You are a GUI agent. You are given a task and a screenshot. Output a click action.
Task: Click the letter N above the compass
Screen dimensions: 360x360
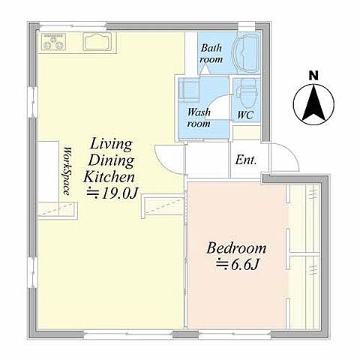pyautogui.click(x=313, y=76)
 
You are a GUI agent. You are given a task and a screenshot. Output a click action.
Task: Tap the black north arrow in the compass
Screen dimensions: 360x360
pyautogui.click(x=313, y=104)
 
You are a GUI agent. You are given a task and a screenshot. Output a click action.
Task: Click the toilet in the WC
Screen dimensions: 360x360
pyautogui.click(x=246, y=91)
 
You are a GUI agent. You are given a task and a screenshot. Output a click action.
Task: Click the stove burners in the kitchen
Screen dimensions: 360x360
pyautogui.click(x=54, y=41)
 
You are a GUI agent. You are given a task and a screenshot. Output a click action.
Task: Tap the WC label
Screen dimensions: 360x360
pyautogui.click(x=245, y=115)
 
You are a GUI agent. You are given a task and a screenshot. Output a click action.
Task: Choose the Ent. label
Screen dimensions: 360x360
pyautogui.click(x=246, y=160)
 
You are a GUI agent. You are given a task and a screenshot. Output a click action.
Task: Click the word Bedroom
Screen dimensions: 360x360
pyautogui.click(x=236, y=248)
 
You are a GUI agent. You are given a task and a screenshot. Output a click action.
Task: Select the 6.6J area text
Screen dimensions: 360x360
pyautogui.click(x=236, y=265)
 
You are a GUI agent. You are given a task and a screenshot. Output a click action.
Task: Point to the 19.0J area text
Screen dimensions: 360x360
pyautogui.click(x=112, y=193)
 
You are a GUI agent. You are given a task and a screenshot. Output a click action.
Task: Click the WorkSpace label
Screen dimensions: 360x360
pyautogui.click(x=67, y=171)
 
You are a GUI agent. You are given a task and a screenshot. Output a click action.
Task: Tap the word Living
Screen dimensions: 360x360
pyautogui.click(x=111, y=144)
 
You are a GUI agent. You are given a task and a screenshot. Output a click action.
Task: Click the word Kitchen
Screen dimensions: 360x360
pyautogui.click(x=109, y=177)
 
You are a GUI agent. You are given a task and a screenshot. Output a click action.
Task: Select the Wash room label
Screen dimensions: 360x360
pyautogui.click(x=199, y=118)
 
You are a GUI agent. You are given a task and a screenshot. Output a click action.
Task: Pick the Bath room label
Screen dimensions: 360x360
pyautogui.click(x=211, y=53)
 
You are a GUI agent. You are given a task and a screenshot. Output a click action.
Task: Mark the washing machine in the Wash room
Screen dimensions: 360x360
pyautogui.click(x=189, y=89)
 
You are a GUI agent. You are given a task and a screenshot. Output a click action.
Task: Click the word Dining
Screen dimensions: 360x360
pyautogui.click(x=111, y=161)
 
